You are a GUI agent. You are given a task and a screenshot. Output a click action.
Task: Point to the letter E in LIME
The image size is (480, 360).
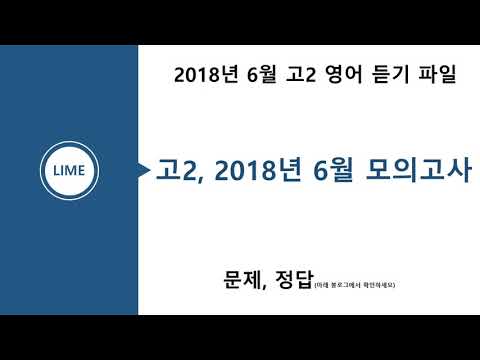pos(84,171)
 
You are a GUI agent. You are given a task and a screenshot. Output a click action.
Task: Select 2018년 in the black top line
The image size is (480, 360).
pos(204,75)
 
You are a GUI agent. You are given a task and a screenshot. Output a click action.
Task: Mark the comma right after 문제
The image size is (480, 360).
pos(264,288)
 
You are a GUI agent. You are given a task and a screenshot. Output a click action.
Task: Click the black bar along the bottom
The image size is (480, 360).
pos(240,337)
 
